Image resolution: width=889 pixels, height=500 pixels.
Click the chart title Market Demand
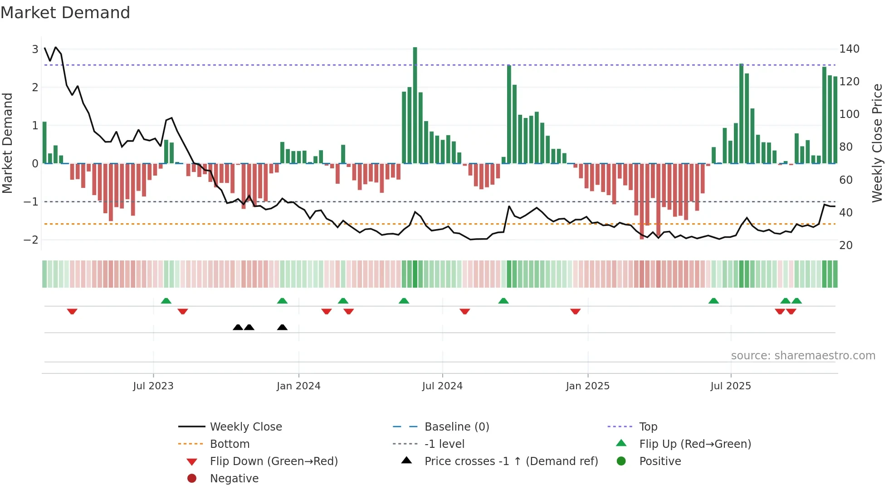(x=65, y=13)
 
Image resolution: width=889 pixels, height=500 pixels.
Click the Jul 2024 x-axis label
(x=442, y=386)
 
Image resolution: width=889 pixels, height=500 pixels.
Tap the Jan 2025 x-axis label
(x=587, y=386)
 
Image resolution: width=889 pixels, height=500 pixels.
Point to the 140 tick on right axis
(x=849, y=49)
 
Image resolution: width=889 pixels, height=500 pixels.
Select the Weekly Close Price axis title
(x=877, y=143)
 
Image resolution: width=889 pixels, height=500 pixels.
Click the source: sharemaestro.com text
(x=803, y=356)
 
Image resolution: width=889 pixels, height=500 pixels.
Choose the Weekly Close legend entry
(x=245, y=427)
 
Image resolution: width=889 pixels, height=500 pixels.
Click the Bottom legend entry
(x=230, y=444)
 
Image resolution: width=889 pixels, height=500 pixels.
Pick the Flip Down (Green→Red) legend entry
(x=274, y=461)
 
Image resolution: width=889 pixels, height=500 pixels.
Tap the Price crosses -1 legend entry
(x=511, y=461)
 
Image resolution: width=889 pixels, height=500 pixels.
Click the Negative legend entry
(x=234, y=479)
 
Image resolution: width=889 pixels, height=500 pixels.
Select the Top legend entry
(x=648, y=427)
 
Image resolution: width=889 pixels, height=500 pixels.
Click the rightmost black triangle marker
(x=282, y=327)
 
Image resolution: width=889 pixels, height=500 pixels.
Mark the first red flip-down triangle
(x=72, y=311)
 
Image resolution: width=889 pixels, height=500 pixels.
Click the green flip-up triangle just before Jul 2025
(x=713, y=301)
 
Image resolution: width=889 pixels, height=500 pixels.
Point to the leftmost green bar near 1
(x=44, y=142)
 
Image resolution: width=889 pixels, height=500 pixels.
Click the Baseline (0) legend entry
(x=456, y=427)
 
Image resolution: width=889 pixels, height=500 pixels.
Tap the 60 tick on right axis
(x=846, y=180)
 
